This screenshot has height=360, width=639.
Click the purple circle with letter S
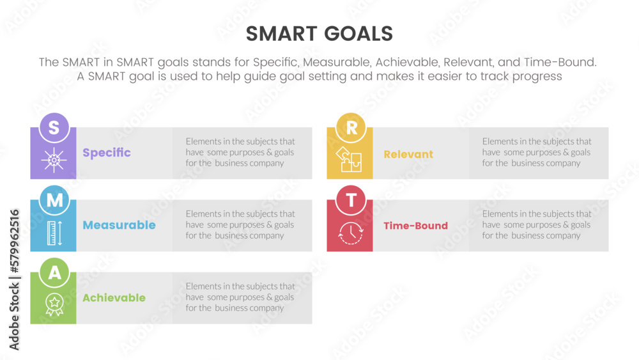54,128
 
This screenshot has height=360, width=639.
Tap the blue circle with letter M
54,200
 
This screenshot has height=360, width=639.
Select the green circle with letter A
54,272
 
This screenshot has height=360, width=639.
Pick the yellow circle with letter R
351,128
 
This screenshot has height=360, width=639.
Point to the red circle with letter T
351,200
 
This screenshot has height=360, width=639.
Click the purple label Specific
107,153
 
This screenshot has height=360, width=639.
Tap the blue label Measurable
119,225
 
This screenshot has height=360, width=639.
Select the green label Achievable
114,297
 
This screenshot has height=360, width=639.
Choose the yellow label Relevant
408,154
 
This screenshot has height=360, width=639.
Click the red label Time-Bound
416,226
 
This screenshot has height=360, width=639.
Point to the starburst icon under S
54,160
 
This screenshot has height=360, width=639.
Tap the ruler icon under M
54,233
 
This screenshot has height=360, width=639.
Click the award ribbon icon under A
54,304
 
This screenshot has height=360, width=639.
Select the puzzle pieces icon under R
349,159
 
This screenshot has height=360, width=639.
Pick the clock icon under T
350,233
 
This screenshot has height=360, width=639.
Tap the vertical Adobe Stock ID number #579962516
15,241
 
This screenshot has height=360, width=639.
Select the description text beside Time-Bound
537,224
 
